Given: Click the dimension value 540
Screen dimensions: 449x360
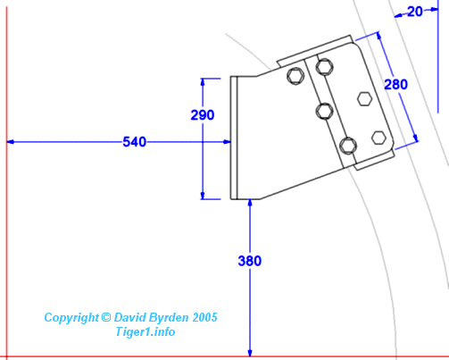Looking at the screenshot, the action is pyautogui.click(x=135, y=142).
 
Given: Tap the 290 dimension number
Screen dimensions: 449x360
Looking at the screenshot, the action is pyautogui.click(x=203, y=115).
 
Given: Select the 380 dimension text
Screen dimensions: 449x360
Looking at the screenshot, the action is pyautogui.click(x=250, y=261).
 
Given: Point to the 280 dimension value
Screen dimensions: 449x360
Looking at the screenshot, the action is pyautogui.click(x=395, y=84).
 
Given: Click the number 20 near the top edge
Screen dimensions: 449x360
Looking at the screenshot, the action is pyautogui.click(x=415, y=12).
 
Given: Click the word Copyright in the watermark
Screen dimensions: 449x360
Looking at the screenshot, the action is pyautogui.click(x=71, y=318).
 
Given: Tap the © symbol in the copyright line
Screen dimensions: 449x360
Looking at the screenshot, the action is pyautogui.click(x=106, y=317).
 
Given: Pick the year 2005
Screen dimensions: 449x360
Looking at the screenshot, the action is pyautogui.click(x=204, y=317).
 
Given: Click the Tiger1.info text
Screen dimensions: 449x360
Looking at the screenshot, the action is pyautogui.click(x=146, y=331).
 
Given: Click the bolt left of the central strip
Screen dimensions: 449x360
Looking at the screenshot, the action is pyautogui.click(x=295, y=76).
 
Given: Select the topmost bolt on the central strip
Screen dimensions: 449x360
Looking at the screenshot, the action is pyautogui.click(x=324, y=67).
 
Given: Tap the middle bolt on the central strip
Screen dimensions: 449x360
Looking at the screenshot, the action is pyautogui.click(x=324, y=112).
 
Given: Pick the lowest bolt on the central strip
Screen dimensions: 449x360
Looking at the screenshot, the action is pyautogui.click(x=348, y=146).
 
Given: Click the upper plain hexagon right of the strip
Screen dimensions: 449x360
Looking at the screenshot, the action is pyautogui.click(x=364, y=99).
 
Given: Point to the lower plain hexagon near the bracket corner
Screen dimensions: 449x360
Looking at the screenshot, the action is pyautogui.click(x=378, y=138).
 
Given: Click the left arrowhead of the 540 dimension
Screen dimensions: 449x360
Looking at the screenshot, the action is pyautogui.click(x=10, y=142).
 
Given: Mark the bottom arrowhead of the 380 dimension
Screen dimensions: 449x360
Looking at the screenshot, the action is pyautogui.click(x=250, y=353).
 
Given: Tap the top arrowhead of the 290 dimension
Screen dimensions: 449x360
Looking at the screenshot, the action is pyautogui.click(x=203, y=82).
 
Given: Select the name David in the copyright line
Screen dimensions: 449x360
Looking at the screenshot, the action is pyautogui.click(x=129, y=317).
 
